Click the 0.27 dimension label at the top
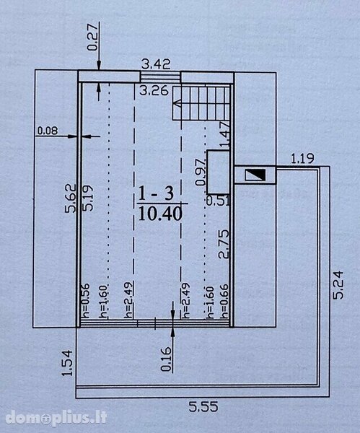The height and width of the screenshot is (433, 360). click(92, 38)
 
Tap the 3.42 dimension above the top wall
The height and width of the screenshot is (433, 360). click(156, 64)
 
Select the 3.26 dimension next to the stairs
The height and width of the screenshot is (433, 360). click(154, 91)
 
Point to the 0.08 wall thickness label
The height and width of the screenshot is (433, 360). click(48, 131)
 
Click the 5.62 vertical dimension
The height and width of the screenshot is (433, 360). click(71, 198)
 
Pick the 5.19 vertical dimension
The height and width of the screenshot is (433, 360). click(88, 198)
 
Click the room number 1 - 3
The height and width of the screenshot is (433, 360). click(156, 193)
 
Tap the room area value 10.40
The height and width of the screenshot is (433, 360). click(160, 214)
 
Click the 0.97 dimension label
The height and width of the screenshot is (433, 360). click(201, 172)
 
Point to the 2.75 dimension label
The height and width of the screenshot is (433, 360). click(224, 244)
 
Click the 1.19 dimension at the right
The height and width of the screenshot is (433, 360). click(302, 159)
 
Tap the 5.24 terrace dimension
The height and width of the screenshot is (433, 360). click(338, 285)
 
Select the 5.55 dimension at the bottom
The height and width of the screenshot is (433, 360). click(203, 407)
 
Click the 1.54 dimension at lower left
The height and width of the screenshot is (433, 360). click(67, 363)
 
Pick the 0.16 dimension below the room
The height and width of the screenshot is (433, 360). click(166, 359)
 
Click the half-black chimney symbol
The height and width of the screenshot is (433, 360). click(255, 175)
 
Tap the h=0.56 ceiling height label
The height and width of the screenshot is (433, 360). click(86, 301)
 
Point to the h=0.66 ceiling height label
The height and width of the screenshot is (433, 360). click(225, 301)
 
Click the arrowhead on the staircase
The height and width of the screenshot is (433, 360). click(177, 104)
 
